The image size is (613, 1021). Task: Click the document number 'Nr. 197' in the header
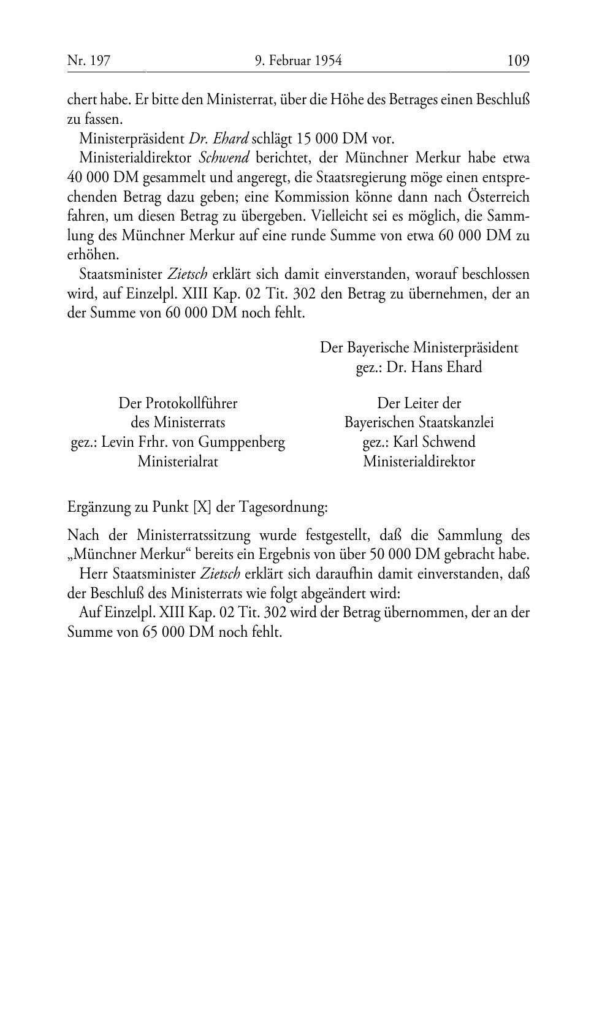click(88, 61)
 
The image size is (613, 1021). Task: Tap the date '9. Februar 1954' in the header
click(298, 61)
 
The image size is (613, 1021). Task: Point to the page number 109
click(518, 61)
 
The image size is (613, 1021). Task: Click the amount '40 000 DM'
click(102, 178)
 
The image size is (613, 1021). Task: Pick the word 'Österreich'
click(498, 197)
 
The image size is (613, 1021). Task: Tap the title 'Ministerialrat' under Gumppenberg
click(178, 461)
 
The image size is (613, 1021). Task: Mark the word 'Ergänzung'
click(98, 507)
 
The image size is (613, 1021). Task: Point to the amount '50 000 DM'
click(401, 555)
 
